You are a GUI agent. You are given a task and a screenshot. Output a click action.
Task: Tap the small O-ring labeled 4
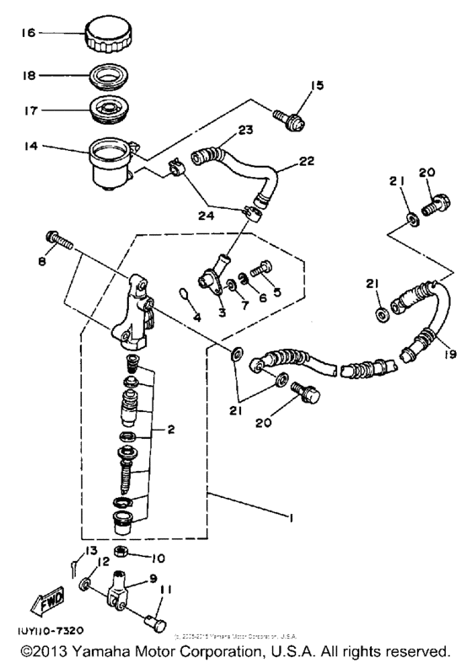tap(184, 296)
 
